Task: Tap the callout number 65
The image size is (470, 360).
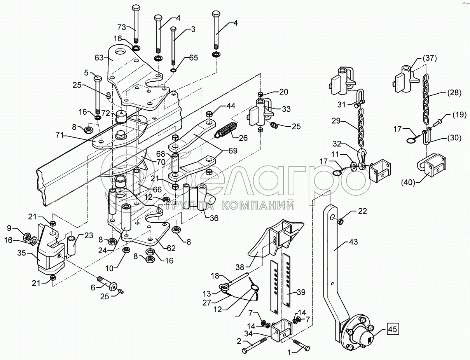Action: pyautogui.click(x=194, y=58)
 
